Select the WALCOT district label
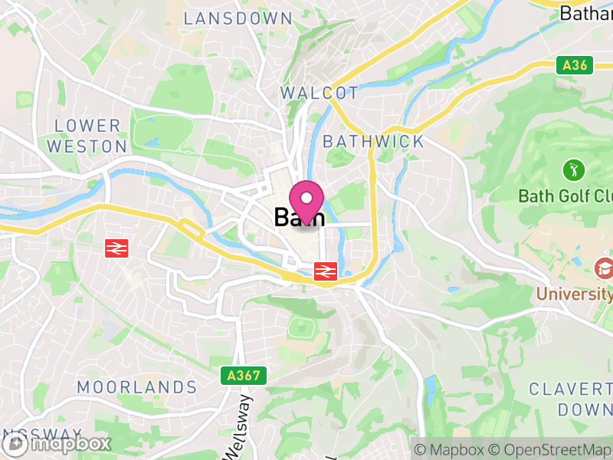320,93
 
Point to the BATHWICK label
373,141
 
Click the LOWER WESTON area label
87,135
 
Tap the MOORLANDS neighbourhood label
137,387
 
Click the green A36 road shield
574,65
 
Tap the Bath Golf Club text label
565,195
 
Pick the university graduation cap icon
603,268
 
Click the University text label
574,293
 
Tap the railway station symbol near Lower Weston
116,248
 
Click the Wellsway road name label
237,426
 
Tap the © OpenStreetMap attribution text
551,449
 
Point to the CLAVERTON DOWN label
572,399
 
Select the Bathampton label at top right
586,12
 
